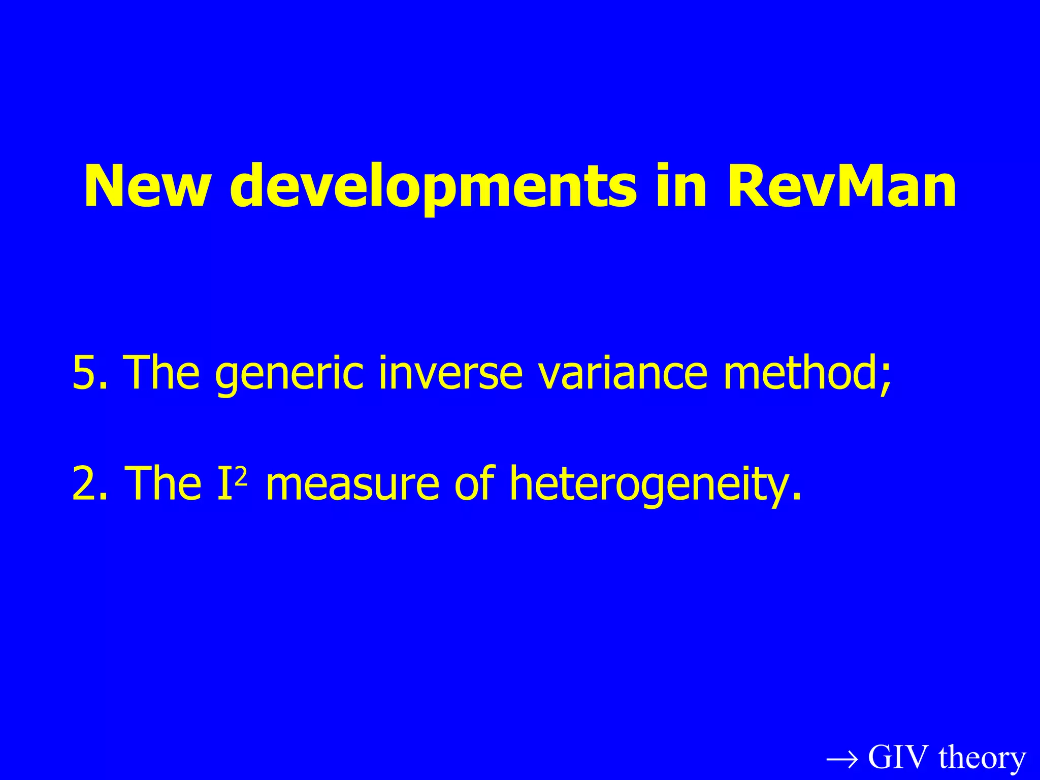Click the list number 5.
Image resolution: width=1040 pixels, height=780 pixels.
point(84,373)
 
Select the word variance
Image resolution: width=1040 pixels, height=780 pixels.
point(623,373)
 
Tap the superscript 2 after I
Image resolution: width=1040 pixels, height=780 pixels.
point(242,476)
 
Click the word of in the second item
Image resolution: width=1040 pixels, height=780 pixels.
point(474,484)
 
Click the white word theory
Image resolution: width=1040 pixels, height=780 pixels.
point(982,758)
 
